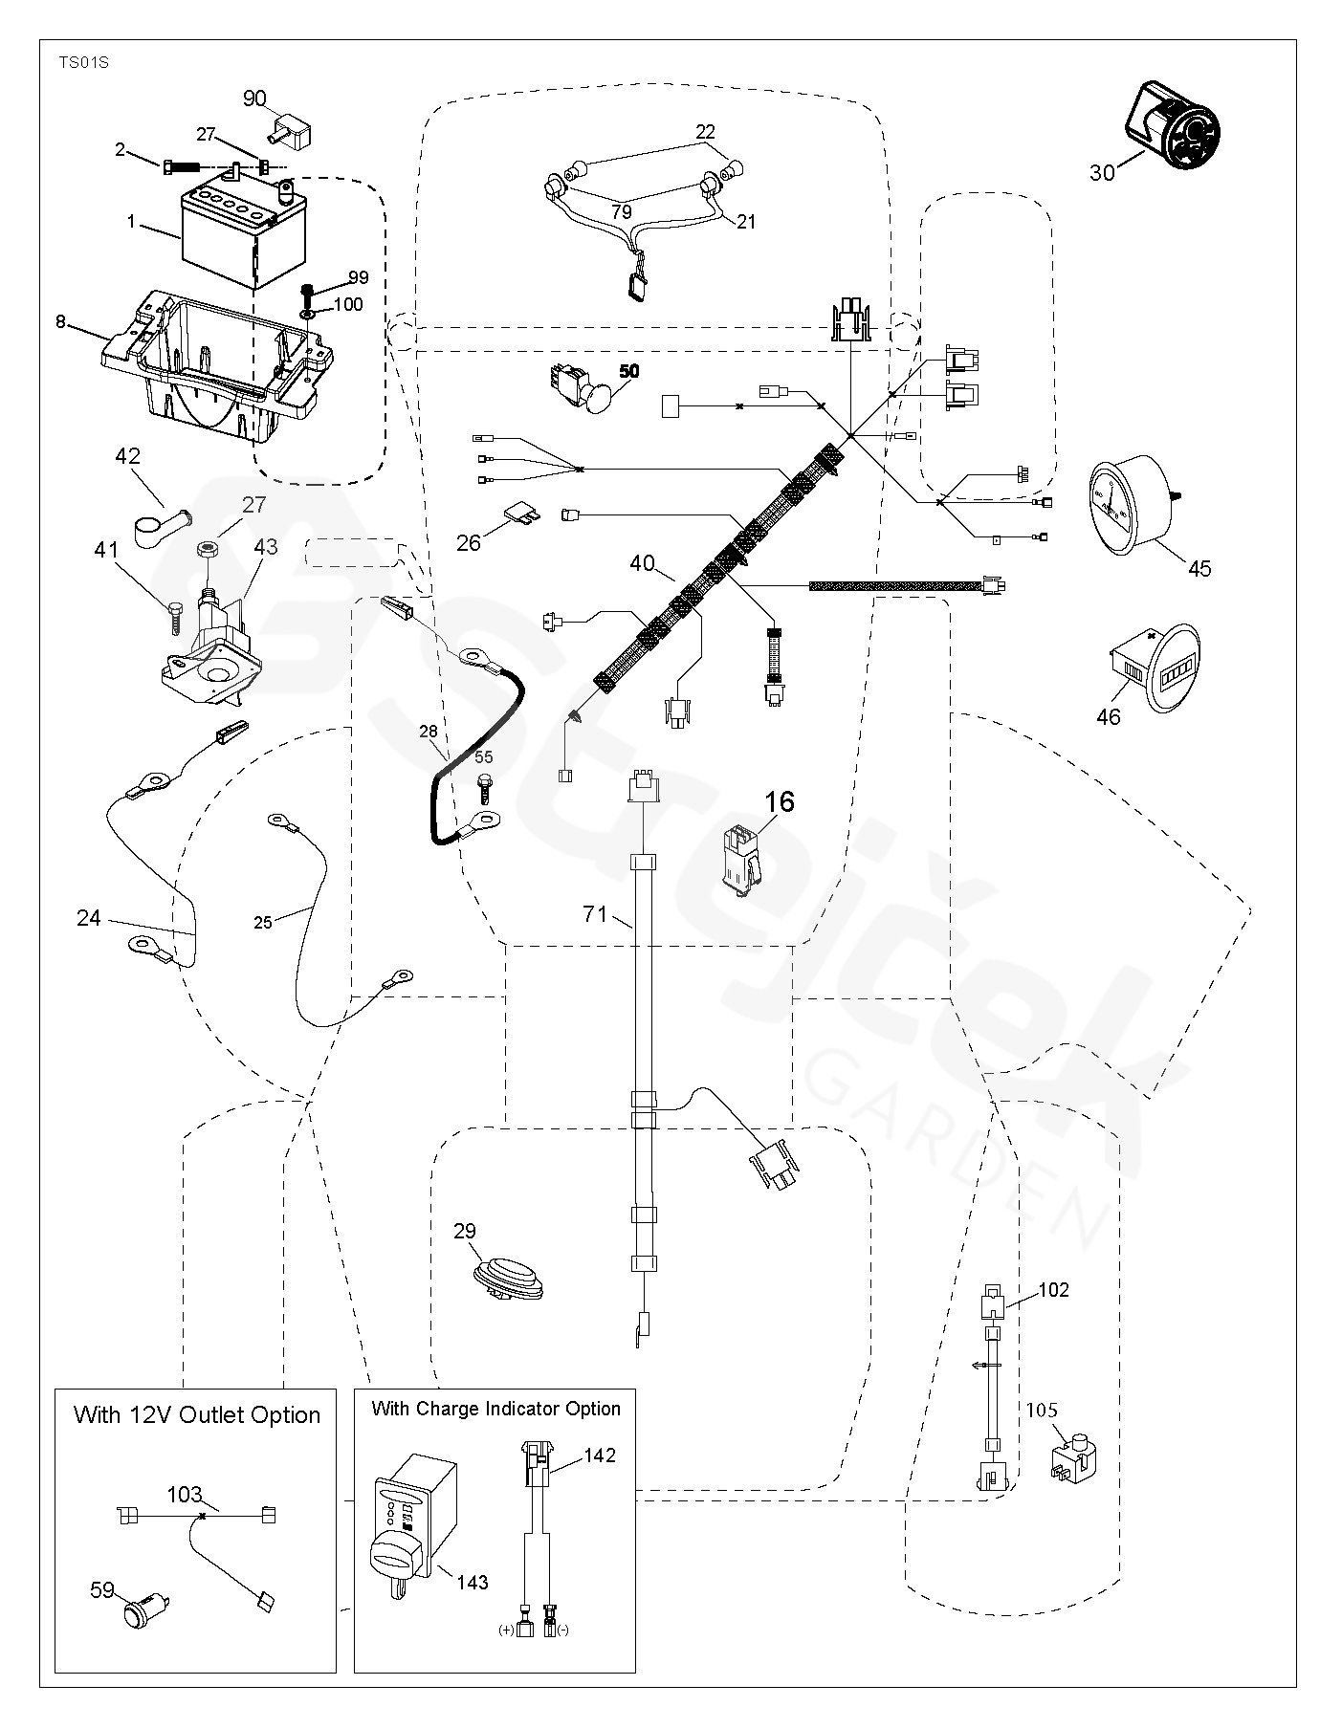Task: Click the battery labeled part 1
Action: click(244, 234)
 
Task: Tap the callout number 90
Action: click(253, 98)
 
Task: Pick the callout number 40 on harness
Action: click(642, 563)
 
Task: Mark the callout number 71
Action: click(595, 914)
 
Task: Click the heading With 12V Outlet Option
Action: click(197, 1415)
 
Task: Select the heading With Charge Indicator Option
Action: click(495, 1409)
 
